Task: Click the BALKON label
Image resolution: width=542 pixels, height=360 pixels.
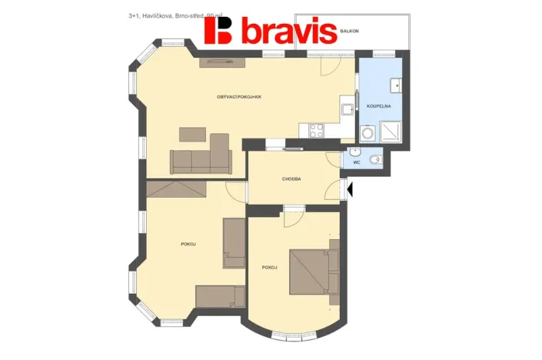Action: (x=350, y=31)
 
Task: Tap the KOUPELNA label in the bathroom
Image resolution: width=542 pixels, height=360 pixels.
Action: (x=379, y=105)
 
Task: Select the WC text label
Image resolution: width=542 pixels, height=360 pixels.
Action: (x=357, y=162)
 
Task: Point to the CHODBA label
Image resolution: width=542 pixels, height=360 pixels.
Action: (x=291, y=178)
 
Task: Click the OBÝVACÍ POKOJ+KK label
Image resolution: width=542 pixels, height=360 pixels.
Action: (x=239, y=96)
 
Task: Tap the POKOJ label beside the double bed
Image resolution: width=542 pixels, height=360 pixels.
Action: (x=269, y=267)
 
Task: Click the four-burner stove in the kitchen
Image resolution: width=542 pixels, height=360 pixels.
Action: (x=318, y=131)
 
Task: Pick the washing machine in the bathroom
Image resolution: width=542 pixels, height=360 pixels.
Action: (x=368, y=134)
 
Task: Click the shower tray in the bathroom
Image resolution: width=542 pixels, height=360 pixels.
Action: (x=391, y=132)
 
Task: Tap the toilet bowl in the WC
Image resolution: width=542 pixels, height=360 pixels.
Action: (x=374, y=160)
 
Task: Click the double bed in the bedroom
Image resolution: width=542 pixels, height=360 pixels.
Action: (x=313, y=272)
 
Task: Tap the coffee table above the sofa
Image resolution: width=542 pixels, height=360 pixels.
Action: (x=193, y=135)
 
